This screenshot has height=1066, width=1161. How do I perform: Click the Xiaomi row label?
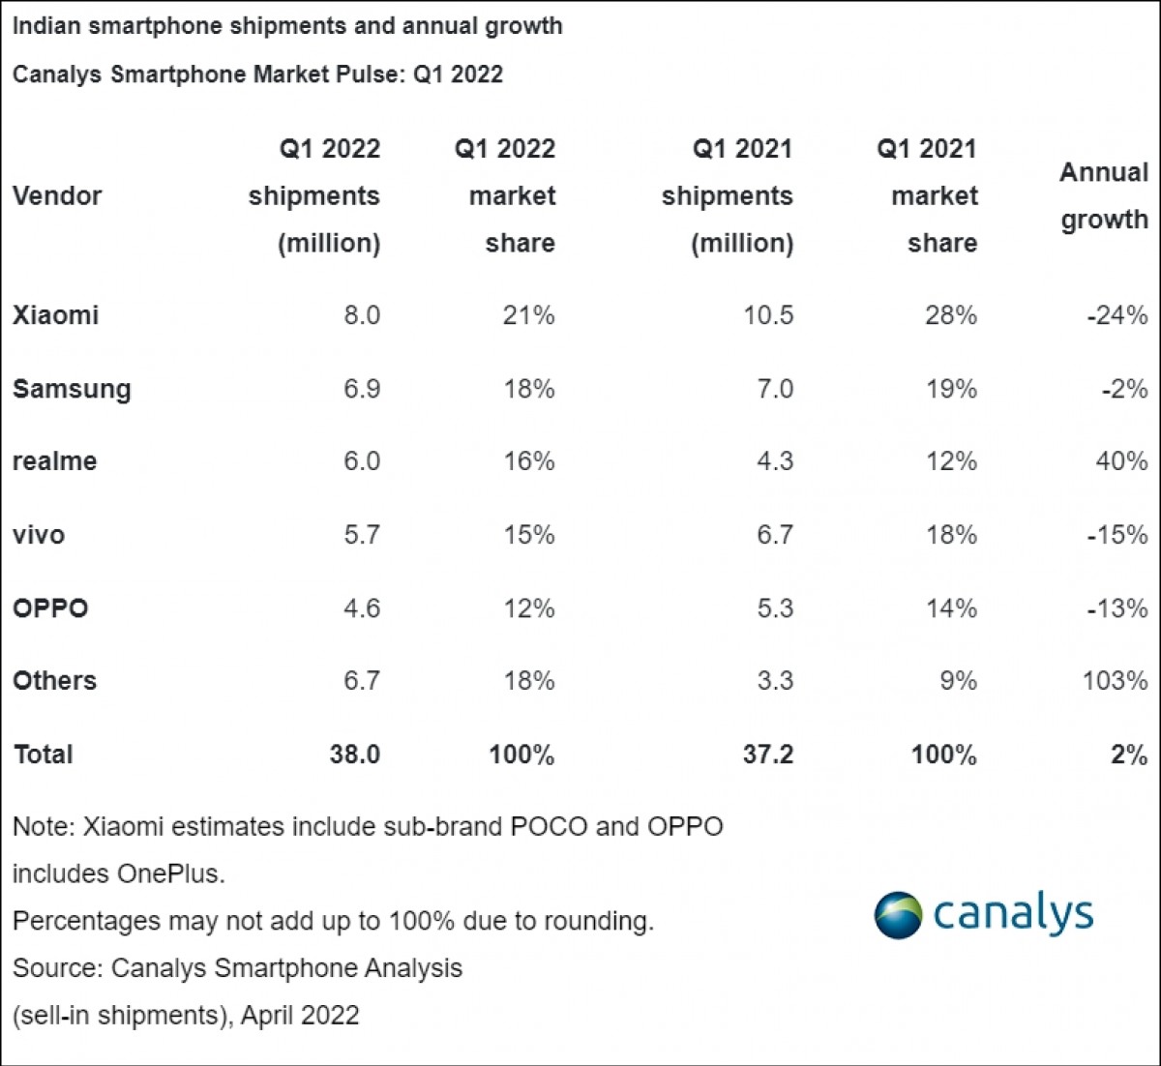[x=55, y=315]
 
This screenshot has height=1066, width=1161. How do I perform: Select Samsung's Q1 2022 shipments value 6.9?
[x=361, y=389]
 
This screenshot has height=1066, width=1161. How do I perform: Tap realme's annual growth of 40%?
[x=1121, y=461]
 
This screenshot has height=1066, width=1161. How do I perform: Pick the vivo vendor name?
[x=39, y=535]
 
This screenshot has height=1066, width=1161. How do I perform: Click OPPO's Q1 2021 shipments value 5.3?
[x=775, y=608]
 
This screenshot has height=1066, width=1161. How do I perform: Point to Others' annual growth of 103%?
[x=1115, y=681]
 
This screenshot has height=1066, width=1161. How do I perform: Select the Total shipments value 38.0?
[x=354, y=755]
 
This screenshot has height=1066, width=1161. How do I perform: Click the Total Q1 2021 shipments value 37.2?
[x=768, y=755]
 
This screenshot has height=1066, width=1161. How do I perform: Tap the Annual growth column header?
[x=1104, y=196]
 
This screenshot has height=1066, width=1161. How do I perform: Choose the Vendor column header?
[x=57, y=196]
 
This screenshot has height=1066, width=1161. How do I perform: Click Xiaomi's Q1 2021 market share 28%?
[x=951, y=315]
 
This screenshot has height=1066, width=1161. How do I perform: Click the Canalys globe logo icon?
[x=898, y=915]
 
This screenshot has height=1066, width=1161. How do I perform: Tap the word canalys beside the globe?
[x=1013, y=914]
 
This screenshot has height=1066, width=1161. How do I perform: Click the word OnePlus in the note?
[x=171, y=874]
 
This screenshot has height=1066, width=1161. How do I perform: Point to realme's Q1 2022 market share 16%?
[x=529, y=461]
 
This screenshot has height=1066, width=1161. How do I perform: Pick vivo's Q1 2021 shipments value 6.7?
[x=775, y=535]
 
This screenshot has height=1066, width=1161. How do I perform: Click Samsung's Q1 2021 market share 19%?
[x=951, y=389]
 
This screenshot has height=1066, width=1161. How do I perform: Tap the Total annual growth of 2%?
[x=1129, y=755]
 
